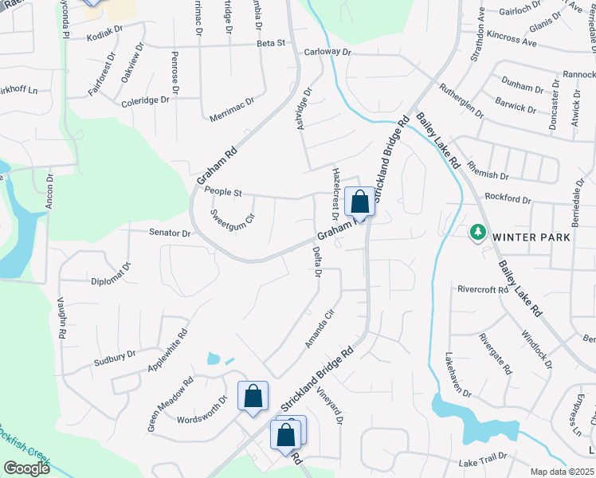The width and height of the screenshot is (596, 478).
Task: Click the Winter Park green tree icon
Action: [478, 232]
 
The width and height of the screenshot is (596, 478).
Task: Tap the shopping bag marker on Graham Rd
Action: [359, 202]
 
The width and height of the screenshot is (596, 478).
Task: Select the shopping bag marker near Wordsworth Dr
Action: [253, 396]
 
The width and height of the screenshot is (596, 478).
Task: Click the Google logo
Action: [26, 468]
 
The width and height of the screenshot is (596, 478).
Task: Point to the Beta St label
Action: [271, 43]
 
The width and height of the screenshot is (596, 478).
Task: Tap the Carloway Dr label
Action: [327, 52]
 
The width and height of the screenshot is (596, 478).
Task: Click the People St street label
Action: [223, 191]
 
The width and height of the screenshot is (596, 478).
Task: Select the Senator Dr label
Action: [170, 233]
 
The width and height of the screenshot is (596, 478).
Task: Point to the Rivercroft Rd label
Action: [482, 290]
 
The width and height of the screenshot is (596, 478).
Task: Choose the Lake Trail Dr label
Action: [483, 462]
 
